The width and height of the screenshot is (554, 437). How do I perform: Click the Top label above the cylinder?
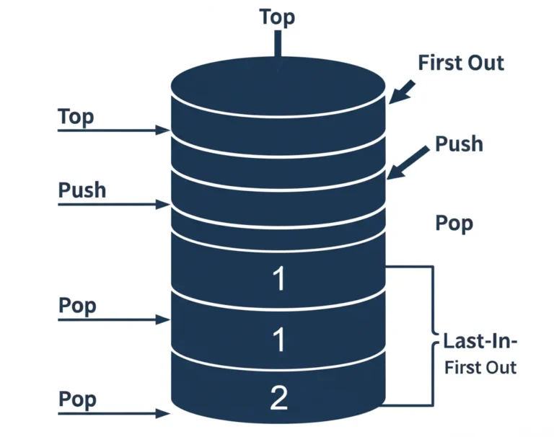tap(277, 17)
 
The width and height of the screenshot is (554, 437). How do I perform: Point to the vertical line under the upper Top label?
tap(277, 45)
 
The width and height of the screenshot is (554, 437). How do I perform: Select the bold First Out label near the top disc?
tap(461, 63)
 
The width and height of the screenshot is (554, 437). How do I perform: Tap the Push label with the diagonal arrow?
tap(459, 144)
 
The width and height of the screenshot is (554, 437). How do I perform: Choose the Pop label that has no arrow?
tap(454, 223)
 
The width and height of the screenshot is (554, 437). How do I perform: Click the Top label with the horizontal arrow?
tap(76, 117)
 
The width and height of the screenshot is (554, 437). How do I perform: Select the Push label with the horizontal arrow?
tap(82, 190)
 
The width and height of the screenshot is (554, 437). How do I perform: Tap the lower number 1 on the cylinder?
tap(279, 340)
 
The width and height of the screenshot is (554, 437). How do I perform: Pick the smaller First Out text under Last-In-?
tap(480, 367)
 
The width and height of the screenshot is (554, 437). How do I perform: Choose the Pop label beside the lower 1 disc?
tap(77, 306)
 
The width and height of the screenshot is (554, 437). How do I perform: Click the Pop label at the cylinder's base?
tap(77, 400)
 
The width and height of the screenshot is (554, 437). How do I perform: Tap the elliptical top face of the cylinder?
tap(279, 83)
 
